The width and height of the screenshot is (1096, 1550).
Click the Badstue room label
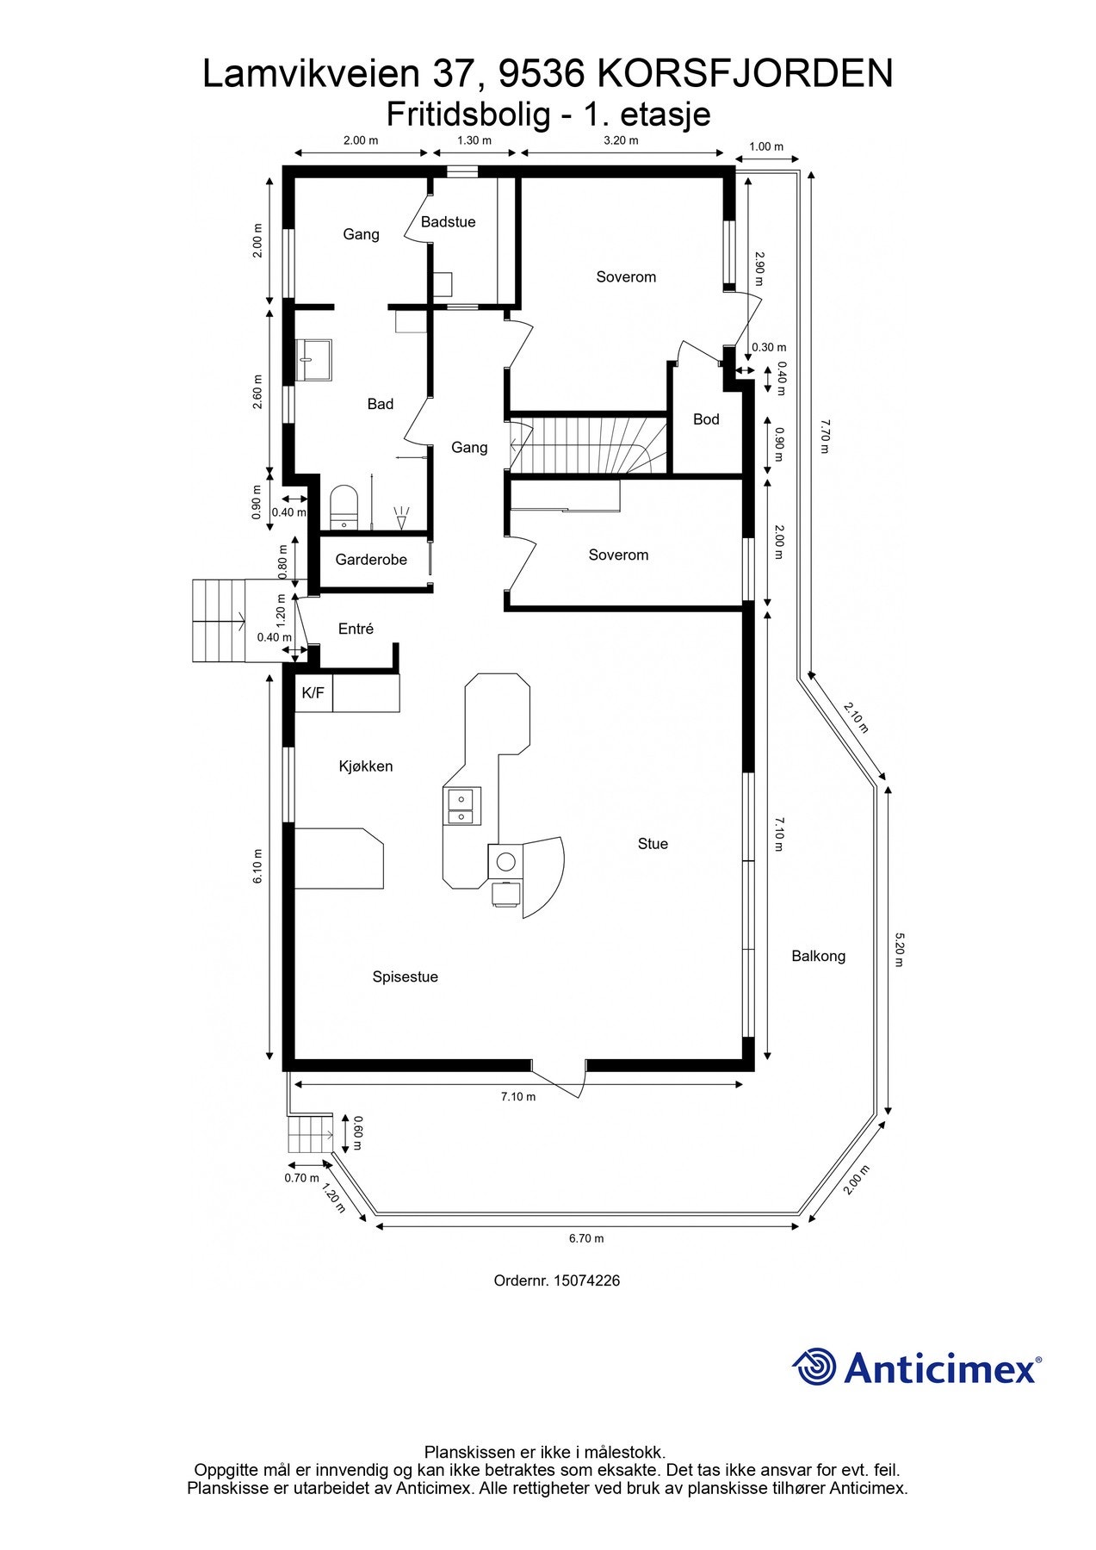click(x=448, y=222)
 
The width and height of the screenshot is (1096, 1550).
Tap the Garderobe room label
click(x=371, y=560)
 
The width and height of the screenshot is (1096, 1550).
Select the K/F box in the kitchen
click(x=313, y=693)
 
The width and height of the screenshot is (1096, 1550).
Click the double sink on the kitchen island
click(x=462, y=805)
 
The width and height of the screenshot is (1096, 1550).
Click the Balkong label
click(x=818, y=956)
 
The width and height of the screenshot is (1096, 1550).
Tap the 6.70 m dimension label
click(x=586, y=1238)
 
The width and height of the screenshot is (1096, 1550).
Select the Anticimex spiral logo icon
click(x=814, y=1367)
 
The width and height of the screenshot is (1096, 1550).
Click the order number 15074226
click(x=556, y=1280)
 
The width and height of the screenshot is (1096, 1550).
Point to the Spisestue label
click(x=405, y=976)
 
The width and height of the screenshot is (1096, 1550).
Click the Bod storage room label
click(x=706, y=419)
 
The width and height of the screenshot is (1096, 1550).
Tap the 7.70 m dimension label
click(x=824, y=437)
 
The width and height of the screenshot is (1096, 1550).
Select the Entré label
click(x=356, y=629)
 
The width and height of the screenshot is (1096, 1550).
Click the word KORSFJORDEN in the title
click(x=745, y=74)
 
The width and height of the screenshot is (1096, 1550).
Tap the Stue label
click(x=653, y=844)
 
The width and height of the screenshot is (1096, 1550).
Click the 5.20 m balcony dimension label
click(x=899, y=949)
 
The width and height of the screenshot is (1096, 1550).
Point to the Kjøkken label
click(x=366, y=766)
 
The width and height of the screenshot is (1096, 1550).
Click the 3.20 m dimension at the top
click(x=621, y=140)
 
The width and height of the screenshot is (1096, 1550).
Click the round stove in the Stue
click(x=506, y=861)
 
